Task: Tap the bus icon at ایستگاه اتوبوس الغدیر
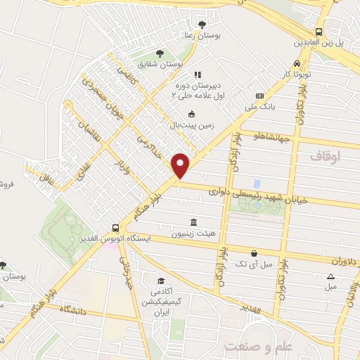(116, 228)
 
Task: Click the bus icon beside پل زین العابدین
(319, 32)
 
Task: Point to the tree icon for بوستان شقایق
(160, 53)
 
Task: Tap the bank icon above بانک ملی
(260, 96)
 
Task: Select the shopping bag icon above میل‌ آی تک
(254, 253)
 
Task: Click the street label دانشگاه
(76, 309)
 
